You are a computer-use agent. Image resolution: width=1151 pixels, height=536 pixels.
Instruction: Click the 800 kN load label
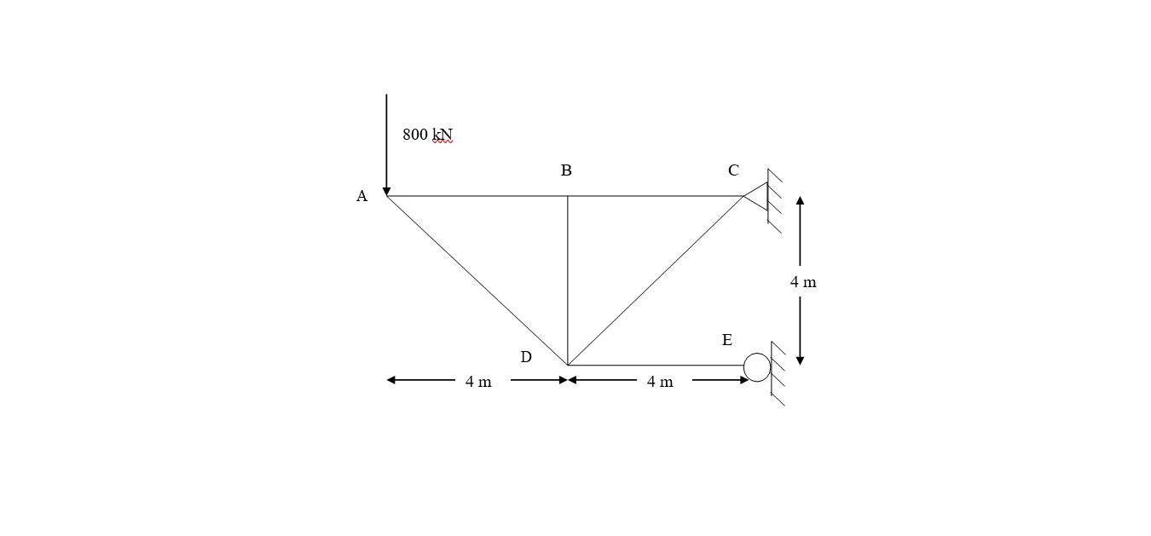click(427, 135)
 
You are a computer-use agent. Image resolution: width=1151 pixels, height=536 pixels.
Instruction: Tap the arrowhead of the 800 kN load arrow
click(386, 192)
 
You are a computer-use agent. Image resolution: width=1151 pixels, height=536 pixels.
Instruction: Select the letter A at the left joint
click(361, 197)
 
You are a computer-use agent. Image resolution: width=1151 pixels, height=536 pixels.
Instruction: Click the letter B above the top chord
click(566, 171)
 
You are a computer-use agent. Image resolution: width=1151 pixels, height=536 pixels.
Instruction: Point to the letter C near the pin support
click(733, 171)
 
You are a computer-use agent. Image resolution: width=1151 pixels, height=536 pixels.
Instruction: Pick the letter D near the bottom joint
click(526, 358)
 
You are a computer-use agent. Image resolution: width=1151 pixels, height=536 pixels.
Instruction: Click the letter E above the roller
click(726, 341)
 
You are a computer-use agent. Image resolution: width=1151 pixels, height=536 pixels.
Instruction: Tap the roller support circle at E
click(757, 367)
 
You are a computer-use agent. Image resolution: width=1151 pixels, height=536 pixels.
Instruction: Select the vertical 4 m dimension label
click(802, 282)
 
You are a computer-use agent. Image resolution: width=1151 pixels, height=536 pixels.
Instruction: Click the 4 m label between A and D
click(478, 382)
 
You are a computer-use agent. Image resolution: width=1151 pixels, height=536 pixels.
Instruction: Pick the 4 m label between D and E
click(659, 382)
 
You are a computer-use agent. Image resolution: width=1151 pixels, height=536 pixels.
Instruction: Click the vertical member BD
click(568, 281)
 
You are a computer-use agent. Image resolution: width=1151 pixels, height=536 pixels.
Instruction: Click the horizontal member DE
click(656, 366)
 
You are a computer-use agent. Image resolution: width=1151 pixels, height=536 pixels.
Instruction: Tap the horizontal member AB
click(477, 196)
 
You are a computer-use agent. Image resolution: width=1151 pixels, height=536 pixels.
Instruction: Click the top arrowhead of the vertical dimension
click(800, 201)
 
